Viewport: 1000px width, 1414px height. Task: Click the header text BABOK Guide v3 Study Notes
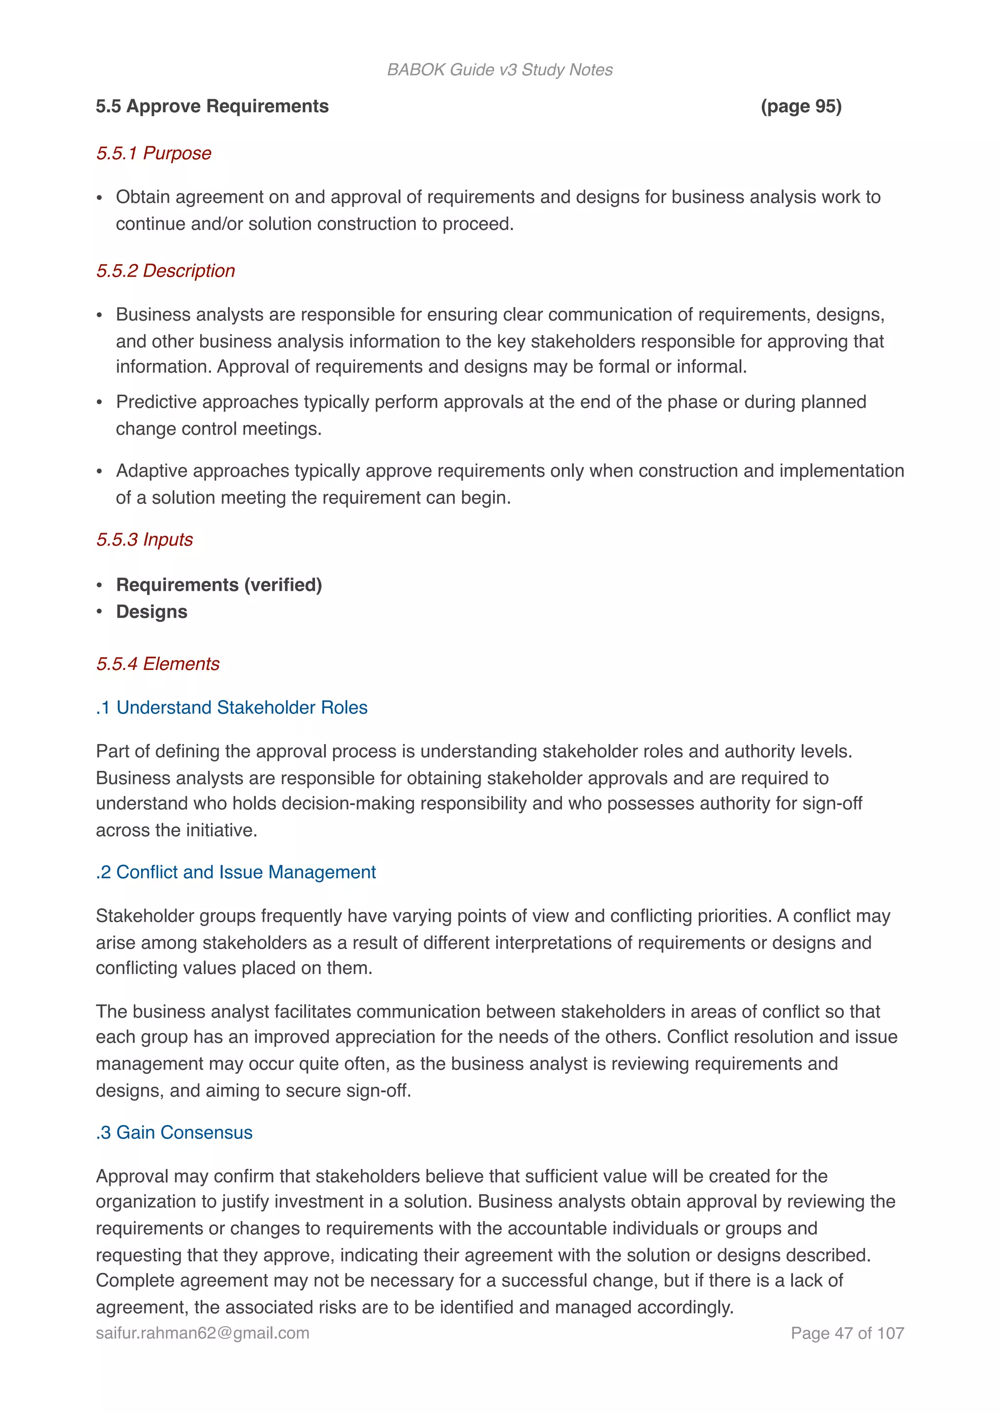(500, 70)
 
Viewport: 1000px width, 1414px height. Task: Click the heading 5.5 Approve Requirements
(212, 106)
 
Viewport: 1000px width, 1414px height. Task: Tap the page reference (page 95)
(800, 106)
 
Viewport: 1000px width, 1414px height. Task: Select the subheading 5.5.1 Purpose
(153, 153)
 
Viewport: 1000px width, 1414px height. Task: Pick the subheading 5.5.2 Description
(165, 270)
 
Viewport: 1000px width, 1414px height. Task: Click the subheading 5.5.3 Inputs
(144, 540)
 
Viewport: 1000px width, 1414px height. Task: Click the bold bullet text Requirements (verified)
(219, 584)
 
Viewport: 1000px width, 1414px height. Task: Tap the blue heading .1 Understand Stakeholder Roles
(231, 707)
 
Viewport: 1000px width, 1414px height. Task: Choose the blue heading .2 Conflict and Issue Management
(236, 872)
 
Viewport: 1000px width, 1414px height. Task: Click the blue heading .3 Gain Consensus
(174, 1133)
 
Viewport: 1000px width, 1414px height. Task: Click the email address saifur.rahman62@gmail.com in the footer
(203, 1333)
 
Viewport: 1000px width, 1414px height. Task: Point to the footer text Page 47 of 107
(847, 1333)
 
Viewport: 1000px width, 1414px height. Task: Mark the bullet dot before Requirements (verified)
(99, 585)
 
